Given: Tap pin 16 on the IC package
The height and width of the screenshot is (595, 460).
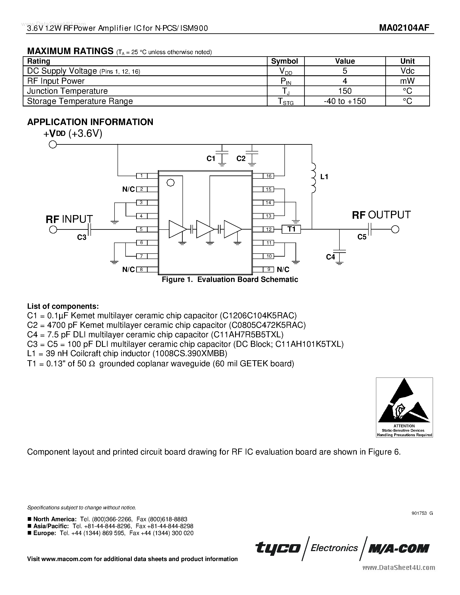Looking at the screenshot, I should pyautogui.click(x=269, y=176).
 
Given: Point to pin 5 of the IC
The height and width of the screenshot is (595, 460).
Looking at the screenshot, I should pyautogui.click(x=141, y=229).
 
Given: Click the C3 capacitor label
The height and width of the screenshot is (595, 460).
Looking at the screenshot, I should pyautogui.click(x=81, y=237).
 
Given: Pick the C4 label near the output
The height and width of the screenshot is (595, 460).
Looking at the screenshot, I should pyautogui.click(x=330, y=257).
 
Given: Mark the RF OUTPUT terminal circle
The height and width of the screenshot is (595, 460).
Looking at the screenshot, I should pyautogui.click(x=395, y=229).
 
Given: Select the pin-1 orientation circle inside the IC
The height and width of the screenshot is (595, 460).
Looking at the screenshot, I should pyautogui.click(x=170, y=183).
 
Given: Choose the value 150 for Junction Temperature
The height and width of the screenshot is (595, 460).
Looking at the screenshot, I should pyautogui.click(x=345, y=91).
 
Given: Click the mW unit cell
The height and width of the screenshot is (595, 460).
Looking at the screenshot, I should pyautogui.click(x=407, y=81).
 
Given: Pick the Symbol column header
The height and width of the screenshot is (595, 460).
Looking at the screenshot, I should pyautogui.click(x=284, y=61).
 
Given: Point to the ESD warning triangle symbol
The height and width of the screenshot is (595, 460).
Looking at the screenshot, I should pyautogui.click(x=404, y=402).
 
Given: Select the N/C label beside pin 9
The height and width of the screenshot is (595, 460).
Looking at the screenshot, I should pyautogui.click(x=283, y=269).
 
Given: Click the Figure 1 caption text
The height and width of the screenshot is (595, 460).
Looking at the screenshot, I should pyautogui.click(x=230, y=280).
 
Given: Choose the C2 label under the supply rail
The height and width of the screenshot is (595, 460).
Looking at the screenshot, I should pyautogui.click(x=241, y=159).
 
